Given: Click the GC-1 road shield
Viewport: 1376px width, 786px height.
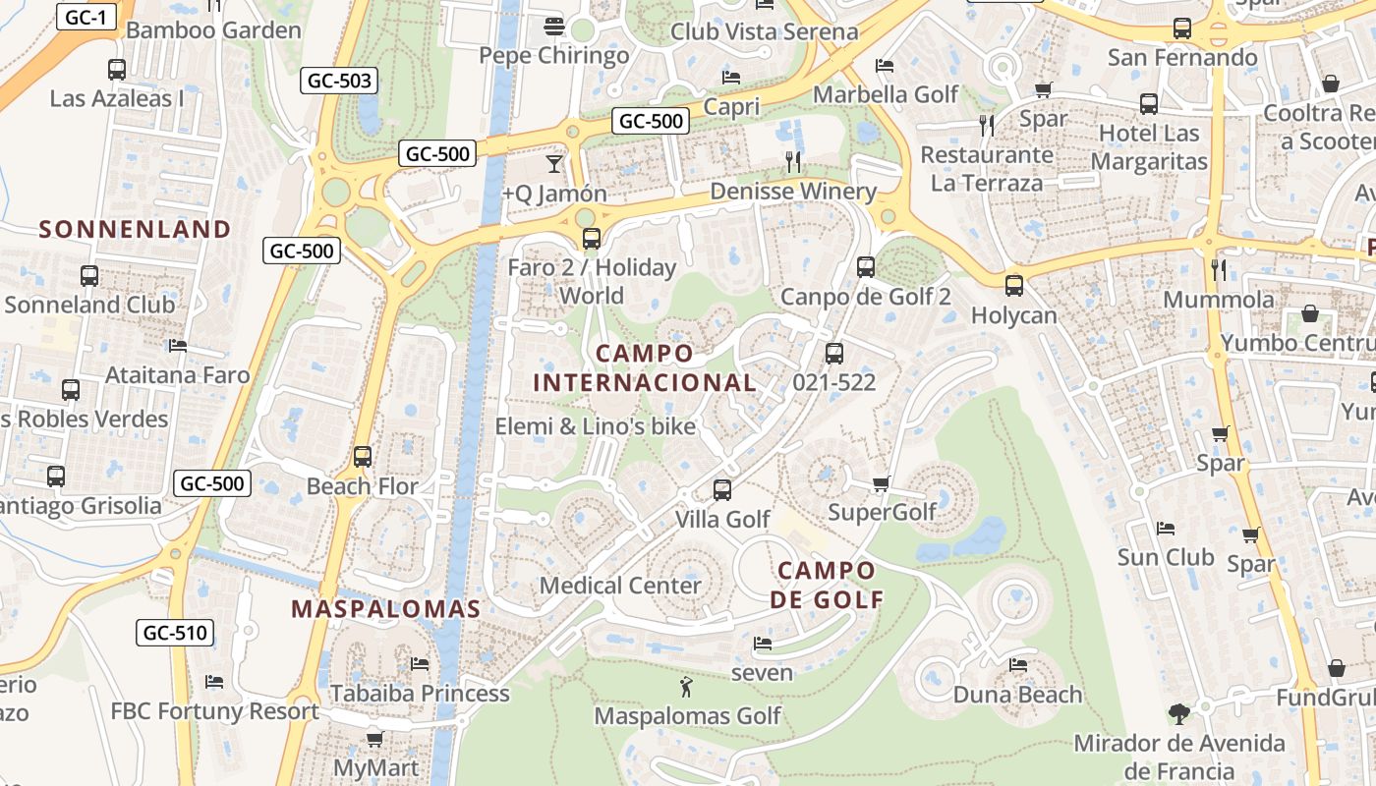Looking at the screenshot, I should (86, 17).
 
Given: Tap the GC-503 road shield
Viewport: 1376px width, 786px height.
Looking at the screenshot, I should (339, 81).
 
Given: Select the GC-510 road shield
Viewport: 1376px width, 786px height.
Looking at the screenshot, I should (177, 633).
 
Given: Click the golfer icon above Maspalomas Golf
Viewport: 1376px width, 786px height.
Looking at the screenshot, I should (687, 686).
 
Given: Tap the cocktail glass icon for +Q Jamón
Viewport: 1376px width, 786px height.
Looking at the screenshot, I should (554, 163).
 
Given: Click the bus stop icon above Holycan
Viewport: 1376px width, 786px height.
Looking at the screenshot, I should (1014, 286).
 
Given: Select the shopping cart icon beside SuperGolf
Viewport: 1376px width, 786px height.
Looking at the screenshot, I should (882, 483).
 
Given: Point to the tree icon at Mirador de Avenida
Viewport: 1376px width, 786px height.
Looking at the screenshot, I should (1179, 714).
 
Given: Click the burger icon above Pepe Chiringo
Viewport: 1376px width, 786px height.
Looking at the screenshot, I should (554, 26).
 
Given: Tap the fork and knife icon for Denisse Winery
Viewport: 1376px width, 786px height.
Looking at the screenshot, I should (793, 161).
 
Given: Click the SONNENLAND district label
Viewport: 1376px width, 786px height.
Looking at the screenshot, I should (135, 230).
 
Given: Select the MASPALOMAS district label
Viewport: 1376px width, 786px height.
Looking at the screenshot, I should (386, 608).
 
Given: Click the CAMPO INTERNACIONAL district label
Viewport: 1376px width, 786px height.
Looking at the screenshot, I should (645, 367).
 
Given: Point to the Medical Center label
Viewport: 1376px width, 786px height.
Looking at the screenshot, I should (620, 586).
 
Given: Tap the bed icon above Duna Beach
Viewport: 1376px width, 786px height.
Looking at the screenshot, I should (1018, 665).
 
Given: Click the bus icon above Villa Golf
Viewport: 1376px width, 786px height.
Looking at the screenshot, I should (722, 489).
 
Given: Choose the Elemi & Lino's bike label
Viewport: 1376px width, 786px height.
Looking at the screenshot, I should (595, 426).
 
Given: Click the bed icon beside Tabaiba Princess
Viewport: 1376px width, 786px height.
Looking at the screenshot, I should (420, 664).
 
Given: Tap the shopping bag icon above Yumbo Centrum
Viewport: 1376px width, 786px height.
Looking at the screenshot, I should (1310, 313).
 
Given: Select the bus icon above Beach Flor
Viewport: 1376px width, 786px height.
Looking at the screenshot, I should (363, 457).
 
